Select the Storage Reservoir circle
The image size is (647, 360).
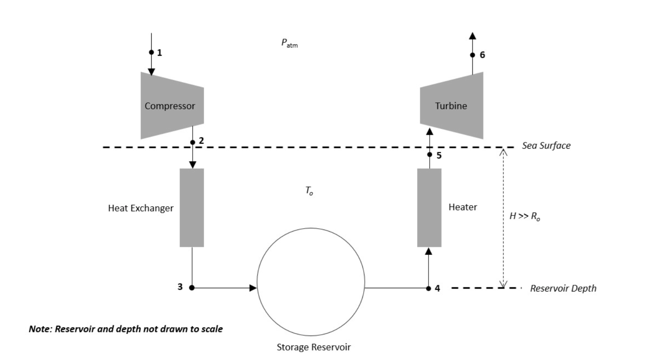click(311, 282)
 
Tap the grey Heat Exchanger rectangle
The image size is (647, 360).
click(192, 207)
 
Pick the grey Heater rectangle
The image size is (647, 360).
click(429, 207)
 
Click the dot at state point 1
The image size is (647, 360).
click(151, 52)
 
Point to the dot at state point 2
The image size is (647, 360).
click(193, 142)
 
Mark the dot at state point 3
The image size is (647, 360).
click(192, 288)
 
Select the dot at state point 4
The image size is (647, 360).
click(428, 288)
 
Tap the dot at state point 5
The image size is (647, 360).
click(430, 154)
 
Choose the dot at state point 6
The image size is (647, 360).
click(473, 55)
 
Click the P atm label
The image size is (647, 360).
click(289, 43)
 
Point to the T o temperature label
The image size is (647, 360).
click(309, 191)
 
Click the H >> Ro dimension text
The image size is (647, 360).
click(524, 216)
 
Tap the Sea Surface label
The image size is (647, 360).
click(546, 146)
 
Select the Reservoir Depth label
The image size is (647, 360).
click(563, 288)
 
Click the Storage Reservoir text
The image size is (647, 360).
click(314, 347)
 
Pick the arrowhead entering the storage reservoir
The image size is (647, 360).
click(253, 288)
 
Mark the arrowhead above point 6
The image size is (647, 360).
click(473, 36)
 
